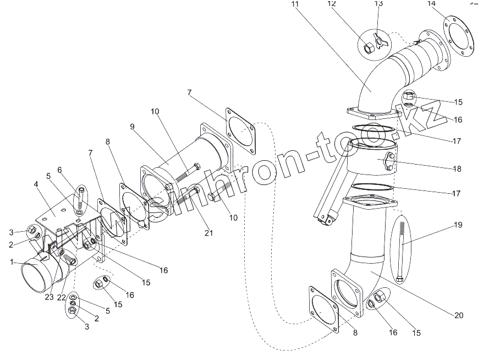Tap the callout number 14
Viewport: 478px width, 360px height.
(431, 4)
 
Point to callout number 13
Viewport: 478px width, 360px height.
(378, 4)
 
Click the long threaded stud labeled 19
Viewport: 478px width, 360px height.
(400, 250)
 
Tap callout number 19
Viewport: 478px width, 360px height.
(458, 225)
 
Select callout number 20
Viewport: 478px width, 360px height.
(459, 315)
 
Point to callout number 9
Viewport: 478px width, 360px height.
(132, 126)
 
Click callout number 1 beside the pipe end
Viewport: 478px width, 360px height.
(12, 263)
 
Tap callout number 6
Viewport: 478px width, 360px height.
(59, 170)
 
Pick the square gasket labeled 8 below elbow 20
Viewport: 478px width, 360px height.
(325, 309)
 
